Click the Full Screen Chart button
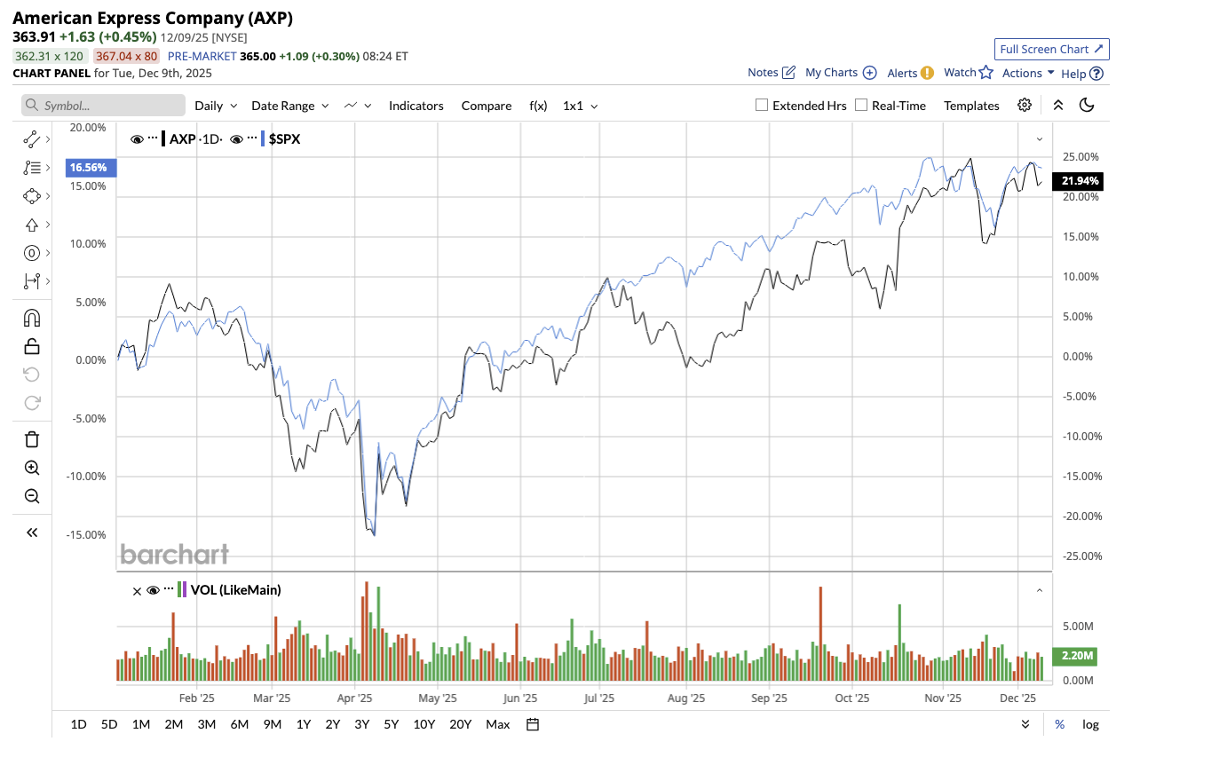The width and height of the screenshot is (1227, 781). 1051,50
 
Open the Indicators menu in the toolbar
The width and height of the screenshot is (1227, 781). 416,106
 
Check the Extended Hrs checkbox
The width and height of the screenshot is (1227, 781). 762,105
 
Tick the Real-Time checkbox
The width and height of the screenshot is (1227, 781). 861,105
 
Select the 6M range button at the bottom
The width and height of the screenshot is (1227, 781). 239,724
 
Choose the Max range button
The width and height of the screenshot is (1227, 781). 497,724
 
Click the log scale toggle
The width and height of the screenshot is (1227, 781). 1090,724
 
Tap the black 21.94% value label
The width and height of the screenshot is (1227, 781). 1080,181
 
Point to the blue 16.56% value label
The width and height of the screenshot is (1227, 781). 89,168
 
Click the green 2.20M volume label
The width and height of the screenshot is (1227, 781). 1076,656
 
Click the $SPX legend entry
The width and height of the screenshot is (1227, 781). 284,139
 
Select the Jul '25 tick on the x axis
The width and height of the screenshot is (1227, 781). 599,698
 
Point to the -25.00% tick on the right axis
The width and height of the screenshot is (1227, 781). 1081,556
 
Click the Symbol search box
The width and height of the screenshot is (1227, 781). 104,106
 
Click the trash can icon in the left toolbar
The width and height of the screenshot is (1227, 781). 32,439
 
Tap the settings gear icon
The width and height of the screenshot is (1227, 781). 1025,105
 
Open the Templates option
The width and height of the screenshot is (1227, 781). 971,106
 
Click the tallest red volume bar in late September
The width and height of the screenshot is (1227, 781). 820,635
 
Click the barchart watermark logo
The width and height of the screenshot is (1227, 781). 175,555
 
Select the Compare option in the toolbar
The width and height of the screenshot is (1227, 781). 486,106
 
